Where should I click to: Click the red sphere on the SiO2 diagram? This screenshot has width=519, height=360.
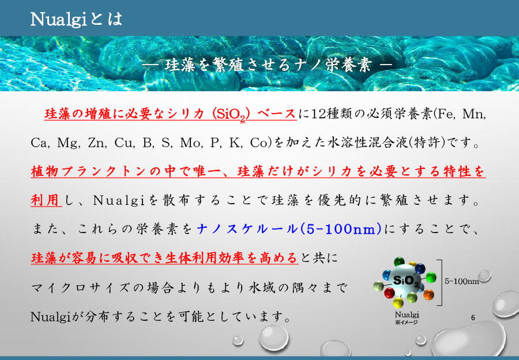click(x=389, y=293)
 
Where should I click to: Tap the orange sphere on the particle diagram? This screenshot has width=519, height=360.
click(x=427, y=295)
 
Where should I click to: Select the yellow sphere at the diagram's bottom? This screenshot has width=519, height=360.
click(x=398, y=302)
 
